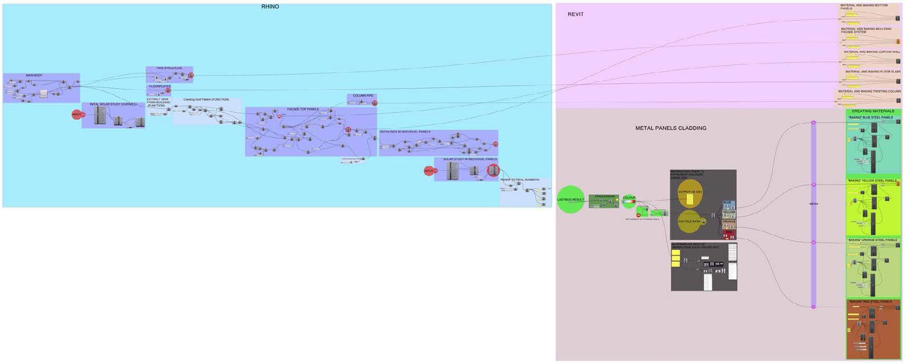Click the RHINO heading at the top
tap(270, 7)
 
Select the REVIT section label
tap(575, 14)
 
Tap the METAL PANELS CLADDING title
tap(670, 128)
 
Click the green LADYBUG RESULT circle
tap(571, 199)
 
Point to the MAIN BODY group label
tap(34, 76)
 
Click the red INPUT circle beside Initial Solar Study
tap(77, 115)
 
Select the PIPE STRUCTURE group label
tap(169, 68)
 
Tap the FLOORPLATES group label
tap(160, 87)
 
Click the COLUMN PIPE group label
tap(363, 96)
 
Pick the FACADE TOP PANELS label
tap(303, 110)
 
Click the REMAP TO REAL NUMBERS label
tap(519, 180)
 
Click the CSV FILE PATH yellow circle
tap(689, 222)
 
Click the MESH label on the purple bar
tap(813, 204)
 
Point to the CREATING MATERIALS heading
tap(873, 111)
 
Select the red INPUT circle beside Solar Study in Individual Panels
tap(429, 171)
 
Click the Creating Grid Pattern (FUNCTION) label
tap(206, 99)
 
